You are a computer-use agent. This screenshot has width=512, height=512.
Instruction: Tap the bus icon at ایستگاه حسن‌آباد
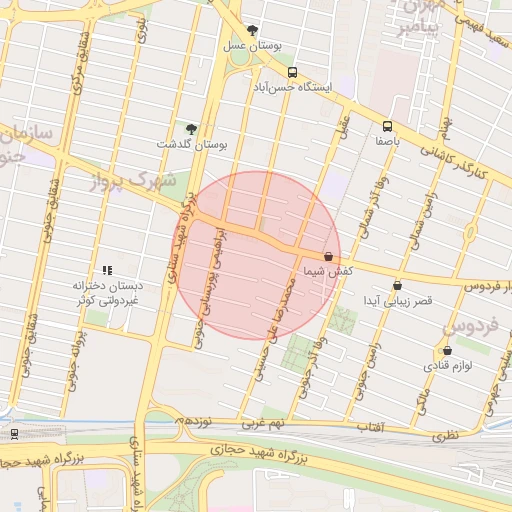point(292,72)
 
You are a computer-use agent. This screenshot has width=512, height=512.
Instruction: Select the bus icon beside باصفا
point(387,126)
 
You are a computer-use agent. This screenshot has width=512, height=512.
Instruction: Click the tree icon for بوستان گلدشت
point(191,129)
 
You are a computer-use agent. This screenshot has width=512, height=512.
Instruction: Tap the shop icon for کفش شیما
point(329,257)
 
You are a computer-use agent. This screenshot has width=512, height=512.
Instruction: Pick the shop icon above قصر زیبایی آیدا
point(398,286)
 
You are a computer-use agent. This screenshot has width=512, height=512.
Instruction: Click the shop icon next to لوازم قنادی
point(446,351)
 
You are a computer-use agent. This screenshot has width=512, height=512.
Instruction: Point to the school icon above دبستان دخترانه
point(107,270)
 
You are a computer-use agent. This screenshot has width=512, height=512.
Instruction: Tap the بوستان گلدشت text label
point(193,145)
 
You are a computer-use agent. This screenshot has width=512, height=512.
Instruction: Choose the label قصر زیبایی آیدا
point(397,301)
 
